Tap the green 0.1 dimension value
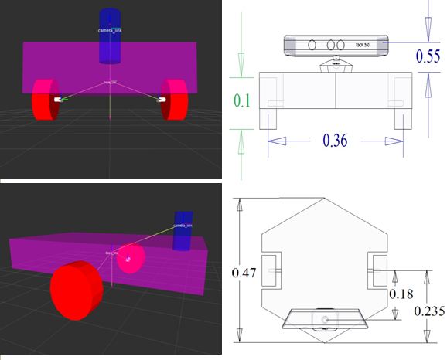tap(243, 101)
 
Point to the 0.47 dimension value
tap(243, 272)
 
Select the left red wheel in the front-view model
tap(45, 100)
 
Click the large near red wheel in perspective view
tap(76, 288)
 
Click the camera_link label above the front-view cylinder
tap(111, 30)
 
